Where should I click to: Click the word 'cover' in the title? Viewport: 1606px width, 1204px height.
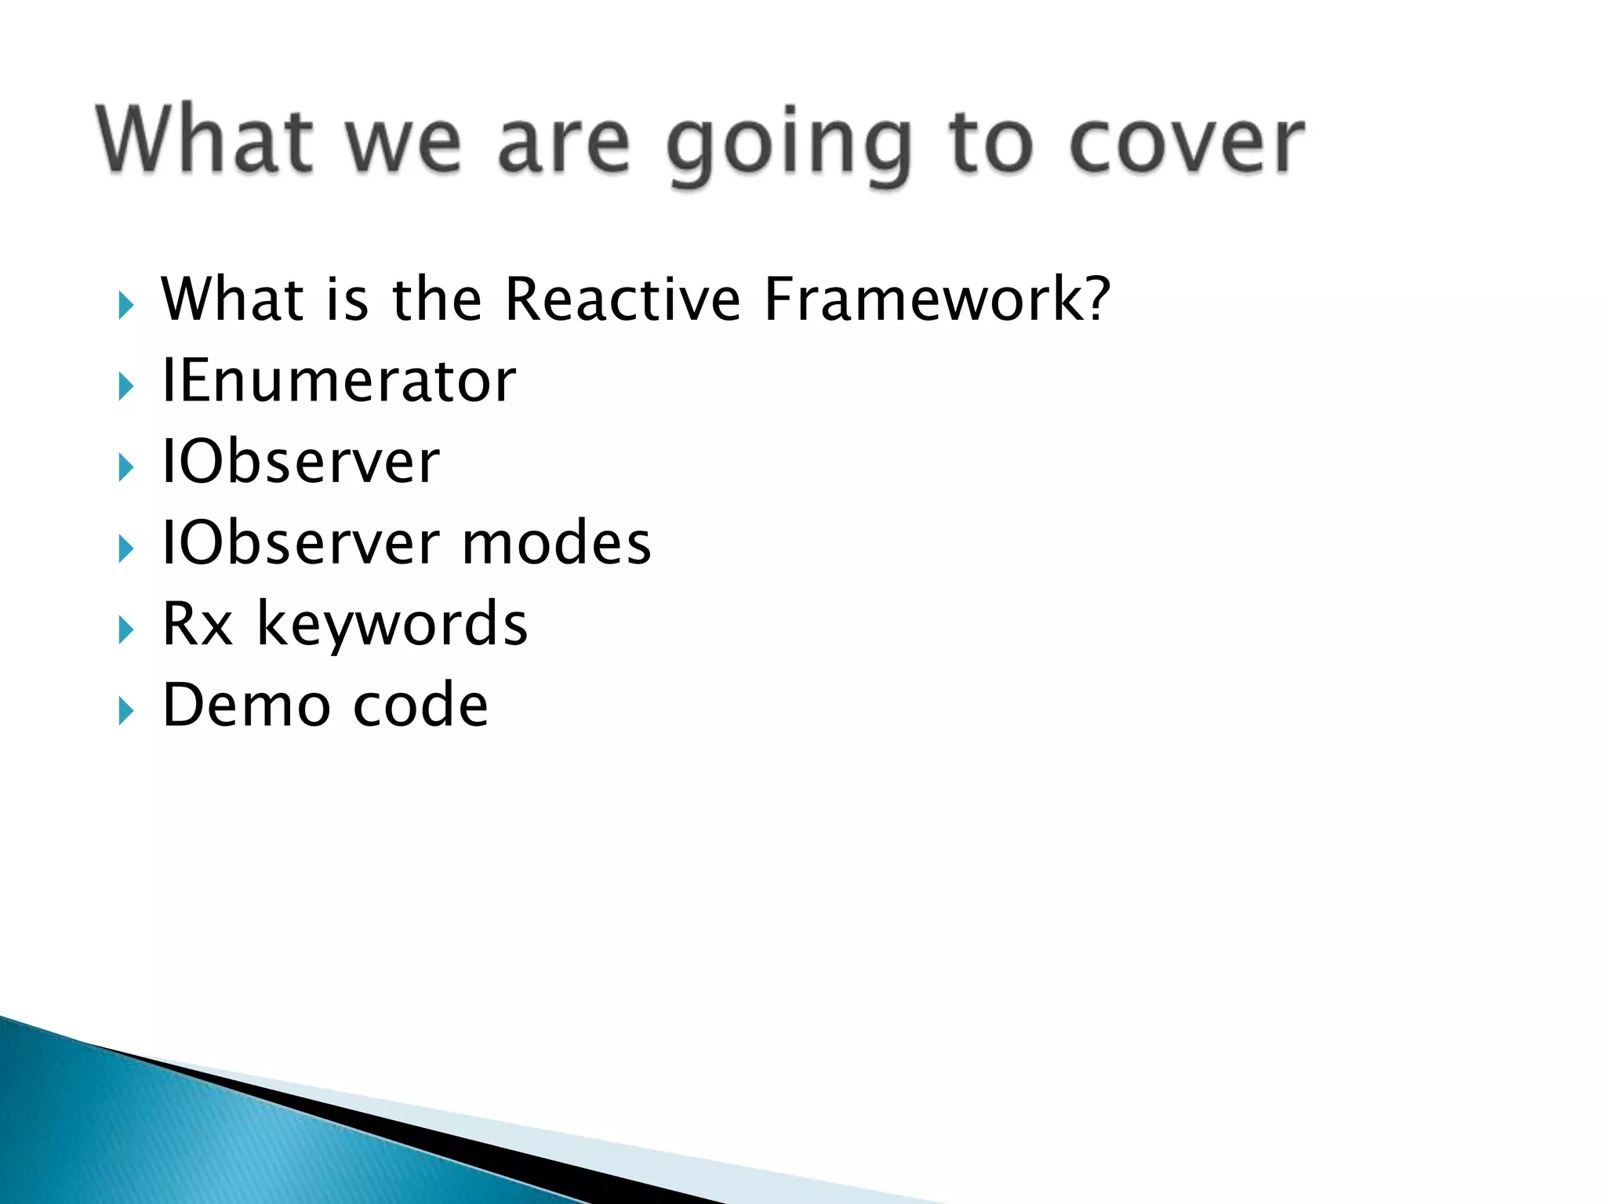click(1186, 143)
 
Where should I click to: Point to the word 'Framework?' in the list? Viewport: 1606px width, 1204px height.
click(937, 299)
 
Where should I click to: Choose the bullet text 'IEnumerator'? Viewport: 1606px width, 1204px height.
click(339, 381)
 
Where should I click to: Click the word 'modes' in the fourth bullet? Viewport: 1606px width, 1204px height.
click(556, 543)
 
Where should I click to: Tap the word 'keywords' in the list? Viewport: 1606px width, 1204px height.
click(392, 625)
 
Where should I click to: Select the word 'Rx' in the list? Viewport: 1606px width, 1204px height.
click(198, 625)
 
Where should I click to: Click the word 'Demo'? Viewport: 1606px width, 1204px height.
click(246, 705)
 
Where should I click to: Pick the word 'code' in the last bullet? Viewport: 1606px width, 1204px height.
click(420, 705)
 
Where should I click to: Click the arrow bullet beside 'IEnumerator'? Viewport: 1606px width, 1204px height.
click(126, 386)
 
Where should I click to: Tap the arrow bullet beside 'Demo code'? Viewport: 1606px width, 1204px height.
click(126, 711)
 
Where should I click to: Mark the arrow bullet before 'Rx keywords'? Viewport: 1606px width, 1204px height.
click(126, 630)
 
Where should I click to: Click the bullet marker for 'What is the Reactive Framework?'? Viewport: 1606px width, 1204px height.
click(126, 305)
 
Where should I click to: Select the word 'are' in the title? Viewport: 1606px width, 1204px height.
click(563, 144)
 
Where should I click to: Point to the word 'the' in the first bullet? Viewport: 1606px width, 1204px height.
click(437, 299)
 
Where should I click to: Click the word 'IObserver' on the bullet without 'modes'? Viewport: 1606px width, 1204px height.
click(300, 462)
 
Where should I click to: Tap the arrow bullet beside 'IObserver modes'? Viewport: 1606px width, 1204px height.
click(126, 549)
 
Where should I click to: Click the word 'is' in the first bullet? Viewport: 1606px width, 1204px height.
click(346, 299)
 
